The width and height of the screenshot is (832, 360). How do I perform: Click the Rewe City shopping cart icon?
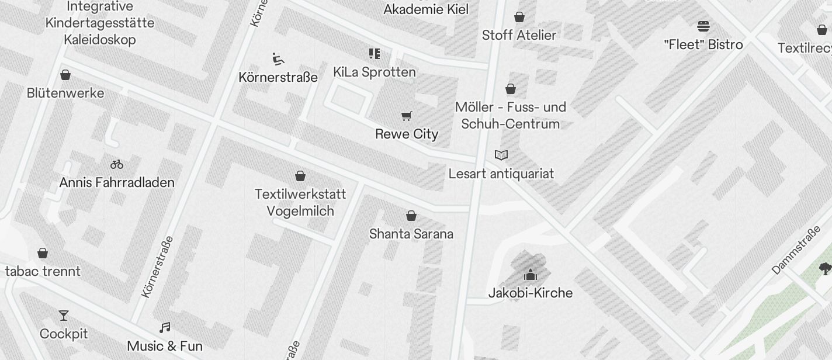coord(407,116)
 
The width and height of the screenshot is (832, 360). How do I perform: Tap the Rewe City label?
coord(407,134)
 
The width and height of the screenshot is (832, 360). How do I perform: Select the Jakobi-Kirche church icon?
coord(531,274)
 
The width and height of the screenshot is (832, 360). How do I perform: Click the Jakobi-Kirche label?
coord(531,293)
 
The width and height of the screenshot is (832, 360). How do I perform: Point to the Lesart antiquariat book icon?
coord(501,155)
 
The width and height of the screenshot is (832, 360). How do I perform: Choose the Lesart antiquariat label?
coord(501,174)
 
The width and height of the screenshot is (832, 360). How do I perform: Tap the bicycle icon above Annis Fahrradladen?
coord(117,164)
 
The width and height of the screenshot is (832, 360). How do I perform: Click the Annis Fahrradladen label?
coord(117,182)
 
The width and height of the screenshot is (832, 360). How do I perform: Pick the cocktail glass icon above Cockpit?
coord(64,316)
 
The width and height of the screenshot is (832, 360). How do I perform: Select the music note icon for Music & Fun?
coord(165,328)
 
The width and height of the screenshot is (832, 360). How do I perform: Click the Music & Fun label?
coord(165,346)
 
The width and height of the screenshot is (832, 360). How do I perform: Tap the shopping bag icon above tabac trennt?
coord(42,253)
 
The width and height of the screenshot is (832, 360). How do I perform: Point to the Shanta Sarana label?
coord(411,234)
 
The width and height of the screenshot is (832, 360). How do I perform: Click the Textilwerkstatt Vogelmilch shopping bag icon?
coord(300,176)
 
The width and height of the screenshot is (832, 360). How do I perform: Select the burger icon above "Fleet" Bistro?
coord(703,26)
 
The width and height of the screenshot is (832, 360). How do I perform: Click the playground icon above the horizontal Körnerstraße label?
coord(279,59)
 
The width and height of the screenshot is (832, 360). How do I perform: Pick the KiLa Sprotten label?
coord(375,72)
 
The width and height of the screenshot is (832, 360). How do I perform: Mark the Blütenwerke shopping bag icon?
coord(65,75)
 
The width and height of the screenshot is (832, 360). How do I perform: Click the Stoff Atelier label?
coord(519,35)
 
